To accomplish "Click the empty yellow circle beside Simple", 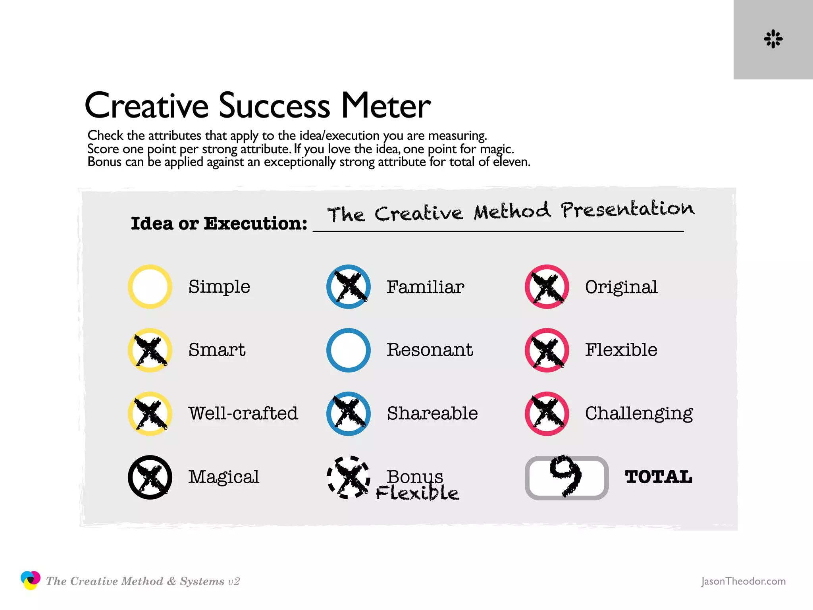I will [150, 287].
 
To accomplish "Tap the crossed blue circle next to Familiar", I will [349, 287].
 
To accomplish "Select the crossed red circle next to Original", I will [547, 287].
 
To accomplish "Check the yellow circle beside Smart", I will [150, 350].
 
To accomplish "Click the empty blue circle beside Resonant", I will [349, 350].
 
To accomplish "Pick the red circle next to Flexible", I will [547, 350].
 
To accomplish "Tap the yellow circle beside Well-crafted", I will [150, 414].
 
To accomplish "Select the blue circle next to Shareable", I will [349, 414].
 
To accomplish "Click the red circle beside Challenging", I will [547, 414].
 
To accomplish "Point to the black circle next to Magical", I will [150, 477].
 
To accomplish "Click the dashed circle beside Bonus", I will [349, 477].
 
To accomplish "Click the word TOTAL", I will [659, 477].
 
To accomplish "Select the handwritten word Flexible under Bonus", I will [417, 493].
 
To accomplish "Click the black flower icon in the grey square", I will [773, 39].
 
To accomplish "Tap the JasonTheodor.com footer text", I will [743, 581].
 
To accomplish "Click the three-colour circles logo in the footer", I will [30, 580].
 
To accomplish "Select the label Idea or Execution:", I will [219, 224].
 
